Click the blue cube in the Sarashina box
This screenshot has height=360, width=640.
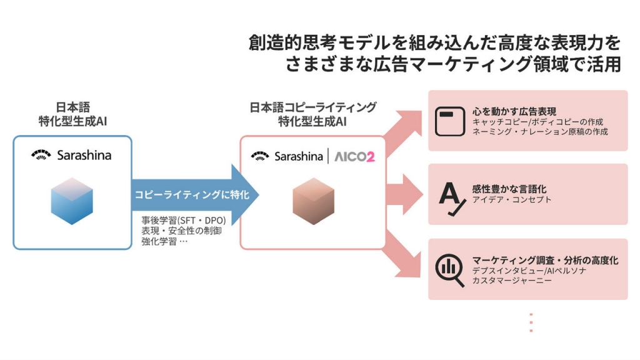click(72, 199)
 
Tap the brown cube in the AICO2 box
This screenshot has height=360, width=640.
click(313, 201)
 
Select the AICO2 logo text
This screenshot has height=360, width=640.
click(353, 156)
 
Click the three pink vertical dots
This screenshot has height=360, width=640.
click(531, 322)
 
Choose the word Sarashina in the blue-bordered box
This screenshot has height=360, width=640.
click(84, 155)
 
